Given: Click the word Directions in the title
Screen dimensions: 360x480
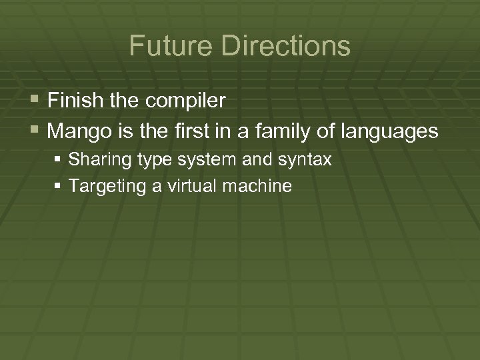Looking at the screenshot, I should pos(286,46).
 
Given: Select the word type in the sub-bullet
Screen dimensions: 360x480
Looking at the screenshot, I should pos(143,161).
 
